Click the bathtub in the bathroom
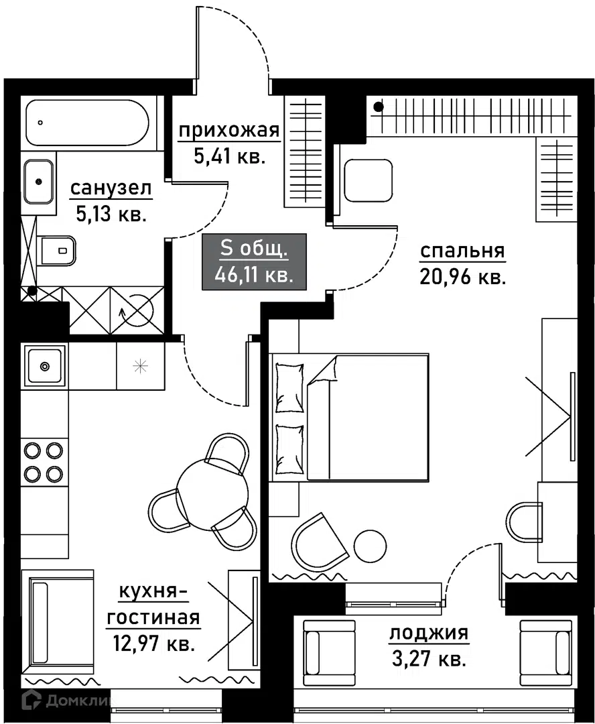click(x=88, y=123)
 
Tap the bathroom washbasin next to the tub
click(x=38, y=182)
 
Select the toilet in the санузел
click(x=58, y=251)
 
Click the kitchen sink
click(x=44, y=367)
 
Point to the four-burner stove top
click(x=44, y=462)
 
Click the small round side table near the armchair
click(x=370, y=546)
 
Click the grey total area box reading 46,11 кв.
click(x=255, y=262)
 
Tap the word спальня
click(x=462, y=251)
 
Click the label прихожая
click(x=229, y=131)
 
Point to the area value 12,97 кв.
click(x=153, y=643)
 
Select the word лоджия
click(x=429, y=633)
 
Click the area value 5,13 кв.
click(x=111, y=215)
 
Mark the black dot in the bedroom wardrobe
click(x=379, y=107)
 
